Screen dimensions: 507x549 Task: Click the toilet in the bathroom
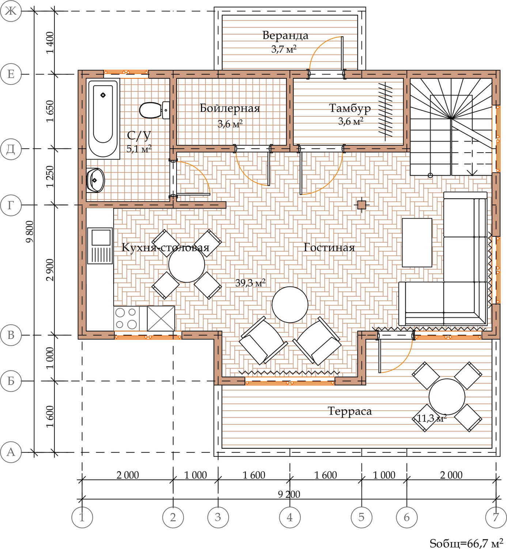(154, 110)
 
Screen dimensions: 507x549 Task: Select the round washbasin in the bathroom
(95, 180)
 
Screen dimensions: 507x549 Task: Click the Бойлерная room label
(230, 108)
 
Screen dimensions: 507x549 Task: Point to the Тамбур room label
(349, 108)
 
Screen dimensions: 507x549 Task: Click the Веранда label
(285, 36)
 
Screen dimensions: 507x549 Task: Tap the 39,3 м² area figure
(250, 283)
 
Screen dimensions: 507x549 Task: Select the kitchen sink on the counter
(100, 246)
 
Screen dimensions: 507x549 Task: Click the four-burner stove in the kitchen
(126, 318)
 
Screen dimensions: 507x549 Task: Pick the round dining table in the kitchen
(187, 264)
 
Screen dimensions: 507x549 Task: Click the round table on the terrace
(447, 397)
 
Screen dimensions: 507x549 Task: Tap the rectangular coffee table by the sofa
(417, 242)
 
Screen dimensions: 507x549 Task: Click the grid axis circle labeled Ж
(11, 11)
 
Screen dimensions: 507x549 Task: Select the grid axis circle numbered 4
(290, 517)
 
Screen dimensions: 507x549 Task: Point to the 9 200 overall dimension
(289, 494)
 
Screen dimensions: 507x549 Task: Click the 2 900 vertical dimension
(50, 270)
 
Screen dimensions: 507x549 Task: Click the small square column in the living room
(362, 205)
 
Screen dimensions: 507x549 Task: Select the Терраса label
(349, 411)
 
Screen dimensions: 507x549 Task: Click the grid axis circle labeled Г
(11, 205)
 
